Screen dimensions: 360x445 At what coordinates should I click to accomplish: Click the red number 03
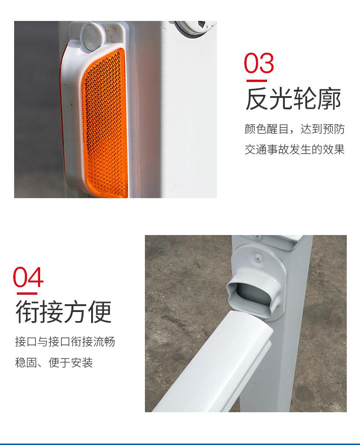(259, 63)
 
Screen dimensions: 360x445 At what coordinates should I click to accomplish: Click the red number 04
(28, 277)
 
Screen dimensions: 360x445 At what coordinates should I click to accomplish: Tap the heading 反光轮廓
(293, 99)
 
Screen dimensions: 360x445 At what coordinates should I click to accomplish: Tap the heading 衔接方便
(64, 312)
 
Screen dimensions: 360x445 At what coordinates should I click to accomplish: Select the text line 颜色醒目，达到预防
(294, 129)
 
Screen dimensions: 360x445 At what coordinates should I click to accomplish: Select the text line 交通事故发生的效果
(294, 149)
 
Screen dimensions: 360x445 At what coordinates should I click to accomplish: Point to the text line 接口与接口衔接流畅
(65, 342)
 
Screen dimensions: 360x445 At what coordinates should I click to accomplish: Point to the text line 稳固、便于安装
(54, 363)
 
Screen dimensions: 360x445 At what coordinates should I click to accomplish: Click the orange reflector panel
(105, 123)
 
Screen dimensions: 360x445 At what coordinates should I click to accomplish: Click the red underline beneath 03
(257, 81)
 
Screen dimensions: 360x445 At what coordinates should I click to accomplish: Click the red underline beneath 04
(27, 293)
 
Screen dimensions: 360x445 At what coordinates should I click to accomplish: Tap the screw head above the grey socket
(258, 257)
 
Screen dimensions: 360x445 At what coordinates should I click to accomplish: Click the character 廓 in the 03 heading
(329, 99)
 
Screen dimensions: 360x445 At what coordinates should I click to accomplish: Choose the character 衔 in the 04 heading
(27, 312)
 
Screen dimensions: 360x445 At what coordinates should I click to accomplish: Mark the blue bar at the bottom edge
(180, 444)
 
